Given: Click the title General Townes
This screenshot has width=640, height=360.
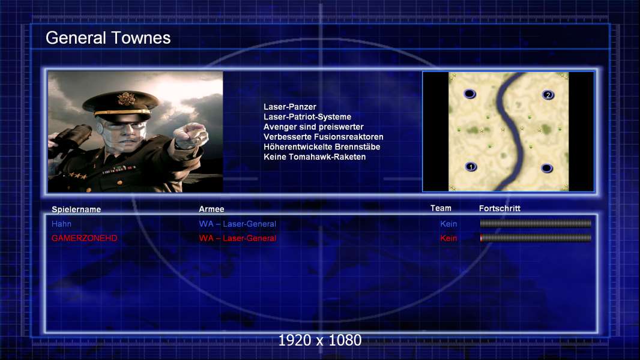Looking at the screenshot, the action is click(x=108, y=38).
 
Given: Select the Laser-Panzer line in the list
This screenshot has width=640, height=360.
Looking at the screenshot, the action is click(x=290, y=107).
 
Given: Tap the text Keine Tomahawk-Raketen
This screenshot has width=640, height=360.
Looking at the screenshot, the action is click(x=315, y=157).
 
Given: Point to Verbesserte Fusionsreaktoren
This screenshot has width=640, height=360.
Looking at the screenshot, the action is click(x=323, y=137).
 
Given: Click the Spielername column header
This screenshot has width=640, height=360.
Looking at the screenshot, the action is click(x=76, y=209).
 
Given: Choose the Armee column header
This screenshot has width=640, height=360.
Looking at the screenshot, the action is click(x=211, y=209).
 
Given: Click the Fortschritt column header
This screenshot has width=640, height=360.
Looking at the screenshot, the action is click(x=500, y=208).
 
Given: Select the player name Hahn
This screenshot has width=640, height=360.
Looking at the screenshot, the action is click(x=61, y=224).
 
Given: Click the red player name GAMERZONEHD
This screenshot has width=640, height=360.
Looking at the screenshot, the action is click(x=85, y=238).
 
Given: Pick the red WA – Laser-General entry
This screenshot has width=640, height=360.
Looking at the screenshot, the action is click(x=238, y=238).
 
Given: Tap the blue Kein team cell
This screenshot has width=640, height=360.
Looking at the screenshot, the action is click(x=448, y=224).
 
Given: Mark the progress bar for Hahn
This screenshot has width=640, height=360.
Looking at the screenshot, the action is click(x=536, y=223).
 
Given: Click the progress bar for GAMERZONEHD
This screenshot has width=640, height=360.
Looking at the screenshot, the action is click(x=536, y=238).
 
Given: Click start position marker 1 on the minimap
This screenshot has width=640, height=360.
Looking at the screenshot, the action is click(x=471, y=167).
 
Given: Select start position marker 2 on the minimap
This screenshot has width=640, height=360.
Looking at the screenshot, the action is click(x=548, y=95).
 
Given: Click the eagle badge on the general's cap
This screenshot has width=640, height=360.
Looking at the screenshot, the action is click(x=125, y=98).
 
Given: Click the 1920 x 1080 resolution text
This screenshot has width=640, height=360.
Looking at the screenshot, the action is click(x=320, y=340).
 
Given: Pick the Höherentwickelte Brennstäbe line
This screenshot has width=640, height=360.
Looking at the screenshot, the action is click(x=322, y=147).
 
